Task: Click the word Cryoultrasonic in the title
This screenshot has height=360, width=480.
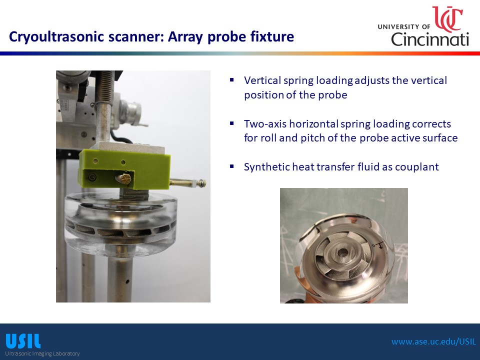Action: click(56, 36)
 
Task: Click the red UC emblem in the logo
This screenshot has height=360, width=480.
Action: click(447, 19)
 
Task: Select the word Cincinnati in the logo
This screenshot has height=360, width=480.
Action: click(430, 39)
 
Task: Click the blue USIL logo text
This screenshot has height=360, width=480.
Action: click(23, 341)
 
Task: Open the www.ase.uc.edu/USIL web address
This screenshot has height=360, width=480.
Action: click(434, 341)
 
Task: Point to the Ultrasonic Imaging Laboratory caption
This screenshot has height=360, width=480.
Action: click(42, 353)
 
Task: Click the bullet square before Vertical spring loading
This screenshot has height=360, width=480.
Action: click(231, 80)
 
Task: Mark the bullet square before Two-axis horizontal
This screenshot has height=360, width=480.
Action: click(231, 123)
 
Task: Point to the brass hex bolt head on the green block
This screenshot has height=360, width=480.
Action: click(125, 178)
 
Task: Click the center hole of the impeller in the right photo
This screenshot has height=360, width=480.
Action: click(343, 253)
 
